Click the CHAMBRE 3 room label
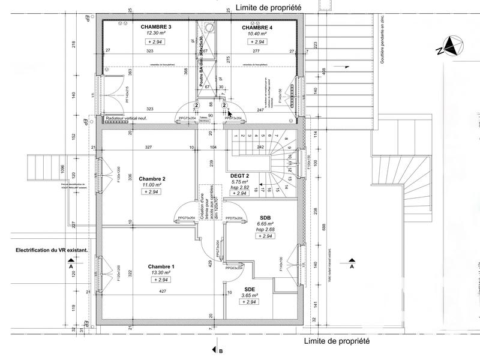click(x=156, y=28)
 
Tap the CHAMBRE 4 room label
click(x=257, y=28)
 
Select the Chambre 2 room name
click(x=152, y=179)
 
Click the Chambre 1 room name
click(x=161, y=266)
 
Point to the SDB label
click(x=265, y=218)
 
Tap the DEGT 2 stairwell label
click(x=240, y=175)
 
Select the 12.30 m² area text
click(x=156, y=34)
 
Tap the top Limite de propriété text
click(x=269, y=7)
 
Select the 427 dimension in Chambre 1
click(x=162, y=291)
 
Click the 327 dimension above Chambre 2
click(x=148, y=147)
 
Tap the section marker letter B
click(x=221, y=352)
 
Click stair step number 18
click(x=256, y=190)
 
